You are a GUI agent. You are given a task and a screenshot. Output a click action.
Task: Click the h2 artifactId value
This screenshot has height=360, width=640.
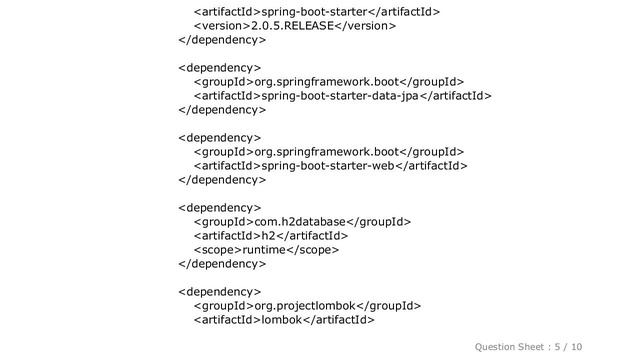tap(267, 236)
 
